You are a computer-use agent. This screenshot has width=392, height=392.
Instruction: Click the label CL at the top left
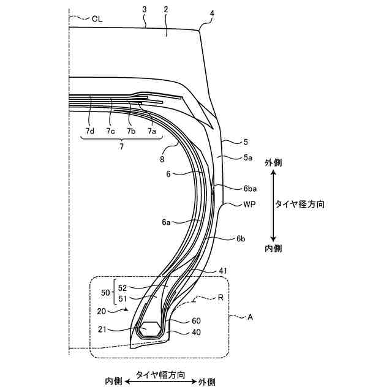(x=97, y=18)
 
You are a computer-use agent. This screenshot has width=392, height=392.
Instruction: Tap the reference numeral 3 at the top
(x=144, y=9)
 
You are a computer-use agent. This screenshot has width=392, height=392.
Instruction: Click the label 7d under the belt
(x=90, y=131)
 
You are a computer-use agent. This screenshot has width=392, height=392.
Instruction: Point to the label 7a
(x=151, y=131)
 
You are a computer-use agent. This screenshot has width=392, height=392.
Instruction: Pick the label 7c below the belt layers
(x=110, y=131)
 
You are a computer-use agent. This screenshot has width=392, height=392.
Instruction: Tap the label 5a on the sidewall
(x=247, y=157)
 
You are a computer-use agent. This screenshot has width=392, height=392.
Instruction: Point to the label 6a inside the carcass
(x=167, y=223)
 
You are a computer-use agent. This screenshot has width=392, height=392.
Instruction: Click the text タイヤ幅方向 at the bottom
(x=161, y=374)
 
